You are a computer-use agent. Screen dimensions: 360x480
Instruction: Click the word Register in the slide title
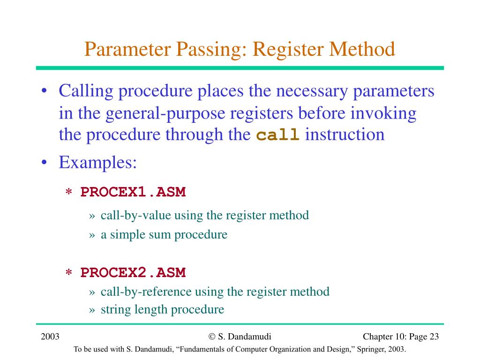286,49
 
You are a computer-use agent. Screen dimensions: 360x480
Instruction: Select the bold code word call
278,135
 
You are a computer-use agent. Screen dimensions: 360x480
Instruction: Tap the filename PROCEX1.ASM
133,192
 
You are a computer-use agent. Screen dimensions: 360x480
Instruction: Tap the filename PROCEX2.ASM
133,272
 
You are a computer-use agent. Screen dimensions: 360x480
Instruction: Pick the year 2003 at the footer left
50,337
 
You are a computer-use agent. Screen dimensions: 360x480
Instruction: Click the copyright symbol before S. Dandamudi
212,337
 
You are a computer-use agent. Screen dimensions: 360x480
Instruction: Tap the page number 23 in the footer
434,337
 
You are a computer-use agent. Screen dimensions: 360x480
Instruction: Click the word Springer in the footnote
359,350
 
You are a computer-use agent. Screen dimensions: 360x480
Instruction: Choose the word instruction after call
345,135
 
